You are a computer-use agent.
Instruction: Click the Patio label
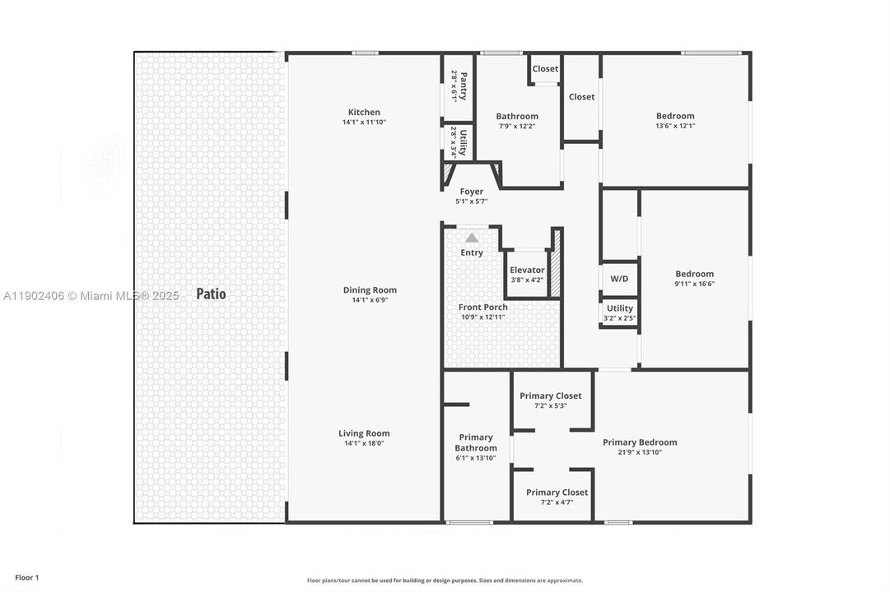211,294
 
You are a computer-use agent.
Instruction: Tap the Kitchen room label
364,113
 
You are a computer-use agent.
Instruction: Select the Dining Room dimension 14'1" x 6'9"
370,300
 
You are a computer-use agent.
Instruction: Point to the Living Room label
364,433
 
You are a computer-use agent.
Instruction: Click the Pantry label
464,86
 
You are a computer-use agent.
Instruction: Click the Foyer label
472,192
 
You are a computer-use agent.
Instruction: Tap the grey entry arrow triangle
472,238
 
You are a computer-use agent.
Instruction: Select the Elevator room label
527,270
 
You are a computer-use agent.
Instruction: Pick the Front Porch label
483,307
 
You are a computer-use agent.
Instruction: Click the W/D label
619,279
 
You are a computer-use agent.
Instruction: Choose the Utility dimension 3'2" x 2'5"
619,318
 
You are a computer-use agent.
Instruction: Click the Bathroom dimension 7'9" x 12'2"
517,126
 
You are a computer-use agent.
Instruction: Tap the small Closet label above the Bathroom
545,69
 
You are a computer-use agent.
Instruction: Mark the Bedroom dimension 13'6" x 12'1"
675,126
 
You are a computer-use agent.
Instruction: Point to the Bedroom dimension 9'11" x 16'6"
694,284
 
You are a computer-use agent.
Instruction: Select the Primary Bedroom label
640,442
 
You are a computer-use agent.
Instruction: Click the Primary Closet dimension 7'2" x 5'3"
550,405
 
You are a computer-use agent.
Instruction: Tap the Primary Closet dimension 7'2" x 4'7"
557,502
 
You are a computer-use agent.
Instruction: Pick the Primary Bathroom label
476,442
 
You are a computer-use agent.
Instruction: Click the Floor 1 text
27,578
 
